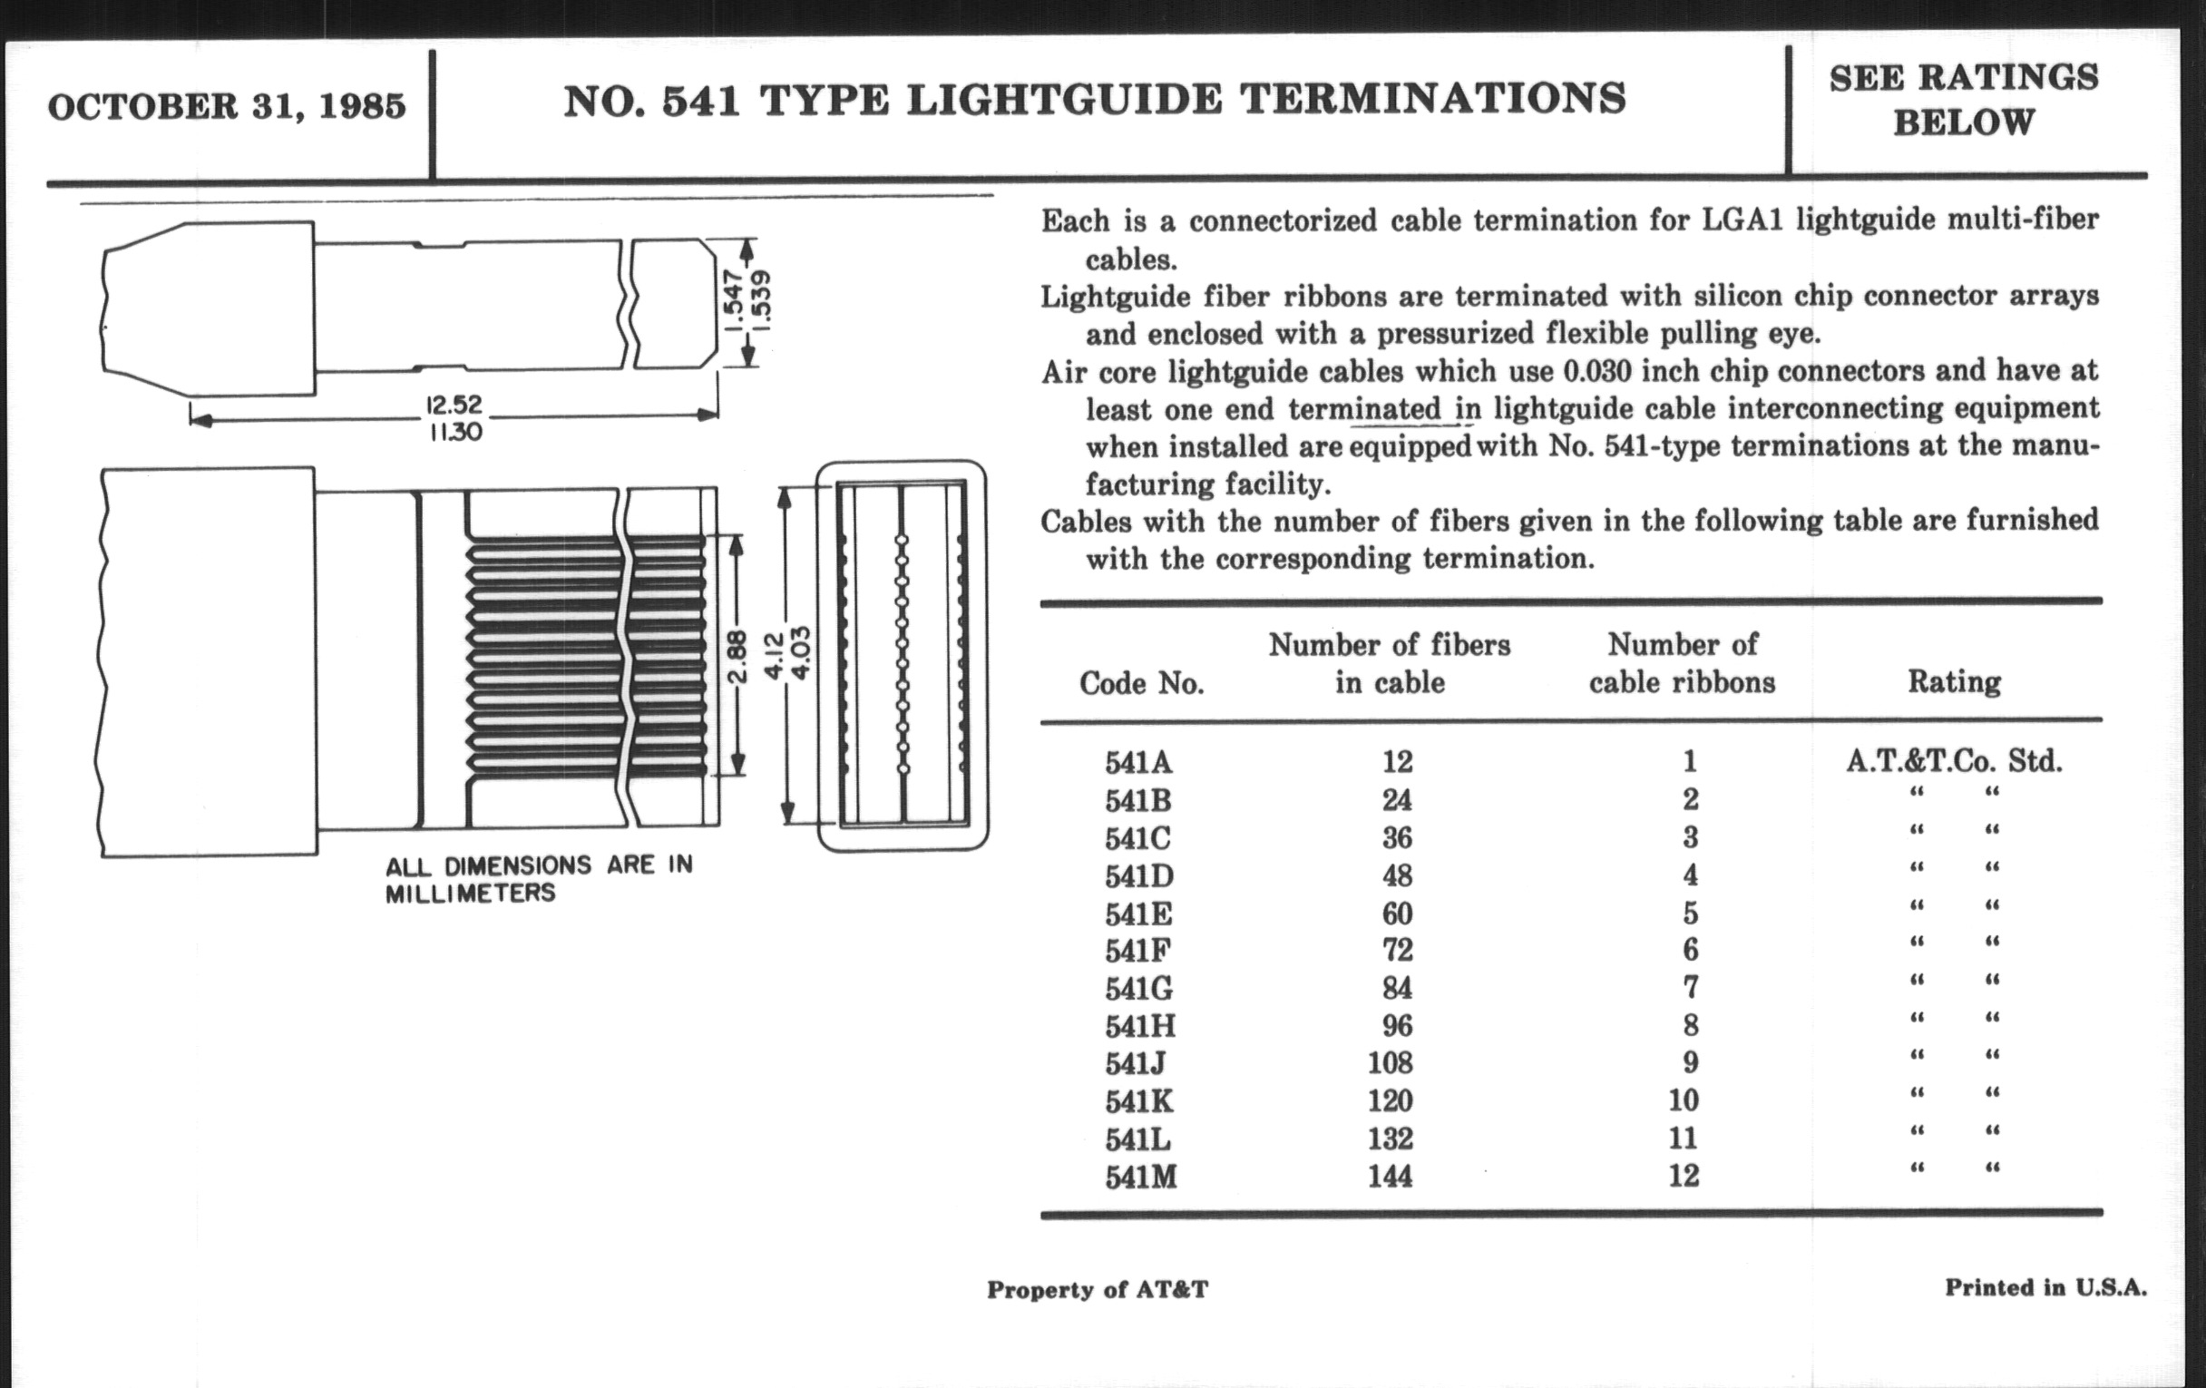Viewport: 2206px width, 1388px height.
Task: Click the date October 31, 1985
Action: pos(226,106)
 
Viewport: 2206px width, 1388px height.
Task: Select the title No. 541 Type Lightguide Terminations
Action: pos(1094,100)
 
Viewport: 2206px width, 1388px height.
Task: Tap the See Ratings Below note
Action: pos(1963,100)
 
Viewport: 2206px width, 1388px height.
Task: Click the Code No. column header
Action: pos(1141,682)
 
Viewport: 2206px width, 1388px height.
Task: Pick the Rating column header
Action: pos(1953,681)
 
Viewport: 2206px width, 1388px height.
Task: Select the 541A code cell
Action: pos(1138,762)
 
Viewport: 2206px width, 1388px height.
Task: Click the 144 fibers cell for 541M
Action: pos(1390,1176)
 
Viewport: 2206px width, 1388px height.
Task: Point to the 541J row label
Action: pos(1135,1062)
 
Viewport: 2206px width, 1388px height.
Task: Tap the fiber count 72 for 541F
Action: pos(1397,950)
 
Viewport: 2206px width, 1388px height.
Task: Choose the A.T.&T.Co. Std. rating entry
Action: pos(1953,760)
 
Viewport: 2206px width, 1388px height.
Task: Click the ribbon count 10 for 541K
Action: pos(1683,1100)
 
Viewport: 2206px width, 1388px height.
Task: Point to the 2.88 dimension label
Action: pos(738,656)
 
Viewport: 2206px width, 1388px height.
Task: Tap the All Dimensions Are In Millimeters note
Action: pos(539,878)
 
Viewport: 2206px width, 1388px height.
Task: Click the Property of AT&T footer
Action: pos(1097,1290)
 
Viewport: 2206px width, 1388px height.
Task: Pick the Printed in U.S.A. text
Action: pos(2045,1288)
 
